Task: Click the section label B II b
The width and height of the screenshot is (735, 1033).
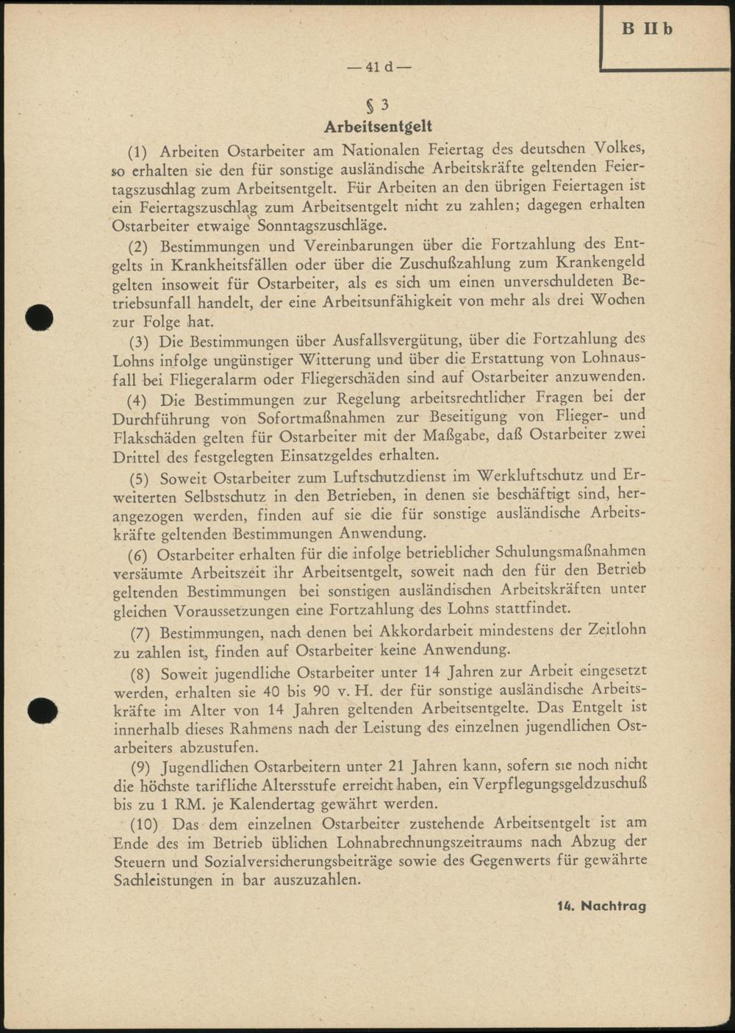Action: (647, 29)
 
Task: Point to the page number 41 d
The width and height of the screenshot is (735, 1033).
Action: (379, 67)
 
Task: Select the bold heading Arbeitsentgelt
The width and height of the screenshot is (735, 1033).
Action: (378, 127)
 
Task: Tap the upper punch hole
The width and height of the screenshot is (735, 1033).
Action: (38, 317)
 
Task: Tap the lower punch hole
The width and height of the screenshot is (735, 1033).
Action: (42, 711)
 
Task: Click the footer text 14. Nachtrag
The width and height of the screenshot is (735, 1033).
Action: (601, 906)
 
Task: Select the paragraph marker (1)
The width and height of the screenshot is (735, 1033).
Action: (138, 152)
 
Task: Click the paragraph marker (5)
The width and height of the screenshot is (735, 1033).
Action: (140, 479)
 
